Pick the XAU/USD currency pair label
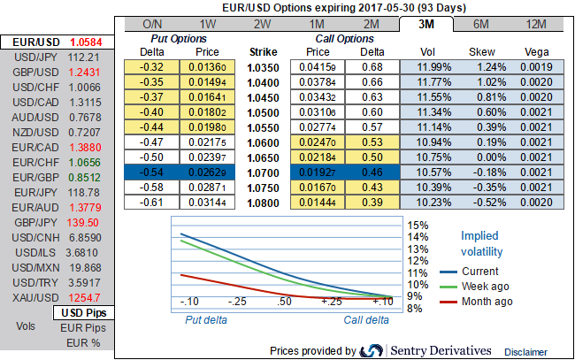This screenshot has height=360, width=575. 33,297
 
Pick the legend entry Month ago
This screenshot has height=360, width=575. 487,301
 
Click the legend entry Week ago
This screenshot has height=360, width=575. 486,286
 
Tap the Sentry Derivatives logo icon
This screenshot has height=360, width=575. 372,351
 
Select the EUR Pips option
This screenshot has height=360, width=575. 82,328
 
